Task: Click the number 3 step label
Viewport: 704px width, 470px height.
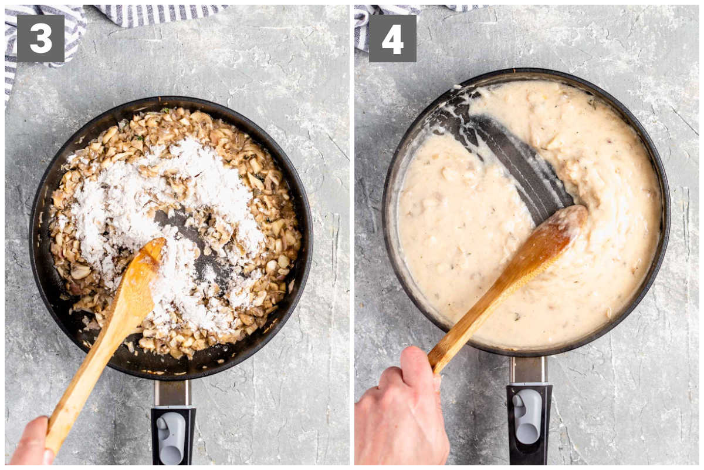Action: point(40,38)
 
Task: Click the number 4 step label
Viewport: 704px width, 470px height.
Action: point(392,38)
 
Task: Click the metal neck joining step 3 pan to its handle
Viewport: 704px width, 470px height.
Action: point(172,394)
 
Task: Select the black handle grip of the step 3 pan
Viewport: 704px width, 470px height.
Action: point(173,437)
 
